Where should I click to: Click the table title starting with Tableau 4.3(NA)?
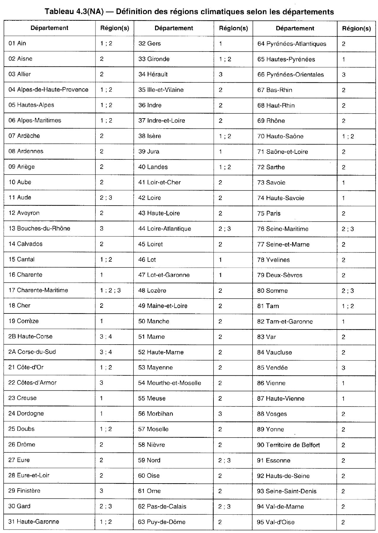coord(189,12)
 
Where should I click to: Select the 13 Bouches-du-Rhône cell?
coord(39,228)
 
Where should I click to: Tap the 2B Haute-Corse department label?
coord(30,336)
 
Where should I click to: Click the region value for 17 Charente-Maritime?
coord(110,290)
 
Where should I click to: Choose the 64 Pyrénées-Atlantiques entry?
coord(291,44)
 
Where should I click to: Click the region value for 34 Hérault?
coord(221,74)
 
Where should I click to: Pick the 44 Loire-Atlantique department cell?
coord(165,229)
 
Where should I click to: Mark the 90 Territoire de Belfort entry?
coord(288,445)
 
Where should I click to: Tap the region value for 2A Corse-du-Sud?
coord(106,352)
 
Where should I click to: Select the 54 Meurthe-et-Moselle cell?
coord(169,383)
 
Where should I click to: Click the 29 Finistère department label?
coord(24,491)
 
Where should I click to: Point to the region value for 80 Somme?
coord(347,291)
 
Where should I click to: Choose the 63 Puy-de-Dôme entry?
coord(162,522)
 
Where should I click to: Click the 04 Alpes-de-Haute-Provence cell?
coord(48,89)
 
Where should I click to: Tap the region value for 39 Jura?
coord(220,151)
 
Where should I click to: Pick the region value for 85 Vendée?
coord(343,368)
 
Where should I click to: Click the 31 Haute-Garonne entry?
coord(34,521)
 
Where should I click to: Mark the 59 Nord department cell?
coord(149,460)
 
